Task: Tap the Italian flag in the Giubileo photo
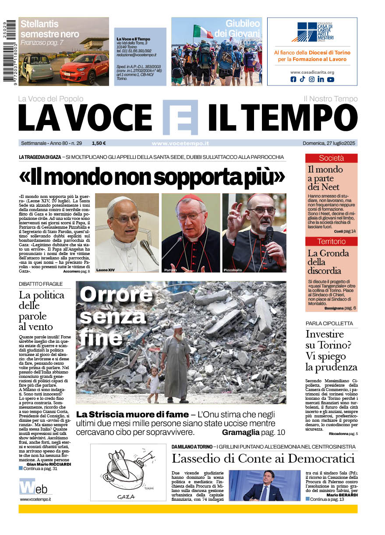tap(202, 32)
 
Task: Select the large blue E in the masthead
tap(180, 117)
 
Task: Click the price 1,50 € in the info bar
tap(99, 143)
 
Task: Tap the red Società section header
tap(331, 158)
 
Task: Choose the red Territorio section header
tap(331, 241)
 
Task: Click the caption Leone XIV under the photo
tap(105, 269)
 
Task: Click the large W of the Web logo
tap(26, 487)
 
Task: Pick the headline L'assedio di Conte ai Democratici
tap(263, 459)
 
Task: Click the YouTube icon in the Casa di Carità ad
tap(330, 79)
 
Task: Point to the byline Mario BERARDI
tap(343, 495)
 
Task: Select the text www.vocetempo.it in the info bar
tap(180, 143)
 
